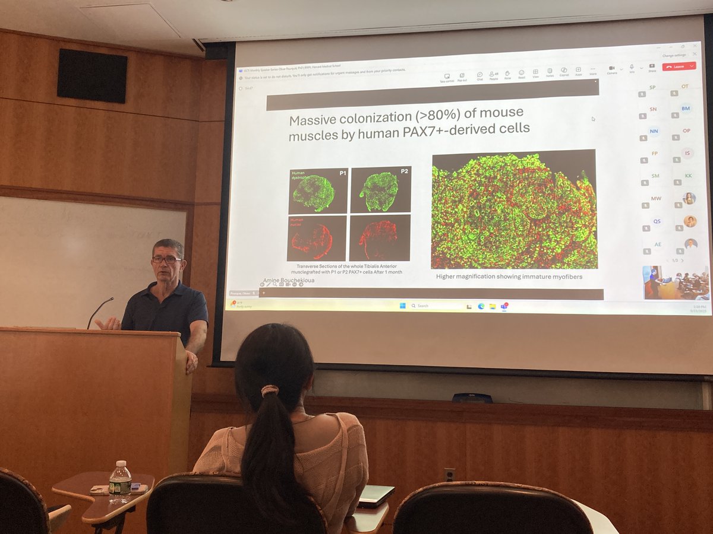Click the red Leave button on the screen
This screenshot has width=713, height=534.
pyautogui.click(x=679, y=66)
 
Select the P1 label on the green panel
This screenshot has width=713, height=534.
pyautogui.click(x=342, y=173)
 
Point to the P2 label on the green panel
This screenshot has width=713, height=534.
pyautogui.click(x=404, y=171)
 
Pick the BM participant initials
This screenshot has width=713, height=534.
pyautogui.click(x=686, y=109)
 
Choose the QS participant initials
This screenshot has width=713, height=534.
pyautogui.click(x=657, y=221)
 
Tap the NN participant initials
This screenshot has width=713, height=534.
pyautogui.click(x=654, y=131)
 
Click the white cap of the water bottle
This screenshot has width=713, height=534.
pyautogui.click(x=121, y=463)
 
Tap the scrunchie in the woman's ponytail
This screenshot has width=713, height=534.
pyautogui.click(x=270, y=390)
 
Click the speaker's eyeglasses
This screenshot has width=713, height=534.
pyautogui.click(x=166, y=259)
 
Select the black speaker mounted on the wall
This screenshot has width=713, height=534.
pyautogui.click(x=92, y=75)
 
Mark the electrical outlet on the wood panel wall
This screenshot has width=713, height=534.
pyautogui.click(x=449, y=475)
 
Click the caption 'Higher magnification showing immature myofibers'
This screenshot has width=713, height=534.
pyautogui.click(x=509, y=276)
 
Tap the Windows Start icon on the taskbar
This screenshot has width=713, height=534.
pyautogui.click(x=402, y=306)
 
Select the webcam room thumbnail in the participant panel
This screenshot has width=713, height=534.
pyautogui.click(x=676, y=282)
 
